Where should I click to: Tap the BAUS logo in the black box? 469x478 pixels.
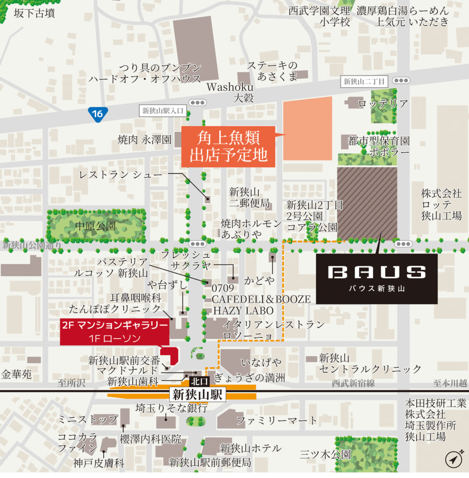coord(377,272)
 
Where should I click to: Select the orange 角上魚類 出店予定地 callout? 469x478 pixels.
coord(228,147)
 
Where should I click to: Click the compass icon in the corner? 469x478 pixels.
coord(454,459)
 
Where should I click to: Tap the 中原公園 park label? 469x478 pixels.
coord(95,226)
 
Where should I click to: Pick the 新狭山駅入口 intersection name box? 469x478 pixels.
coord(163,111)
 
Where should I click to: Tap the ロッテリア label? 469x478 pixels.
coord(383,104)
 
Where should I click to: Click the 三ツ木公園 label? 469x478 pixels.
coord(326,454)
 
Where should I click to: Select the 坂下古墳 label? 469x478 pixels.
coord(34,13)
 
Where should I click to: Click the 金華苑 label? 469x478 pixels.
coord(16,374)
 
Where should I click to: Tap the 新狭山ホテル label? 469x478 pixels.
coord(251,448)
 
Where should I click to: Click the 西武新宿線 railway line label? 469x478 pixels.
coord(353,383)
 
